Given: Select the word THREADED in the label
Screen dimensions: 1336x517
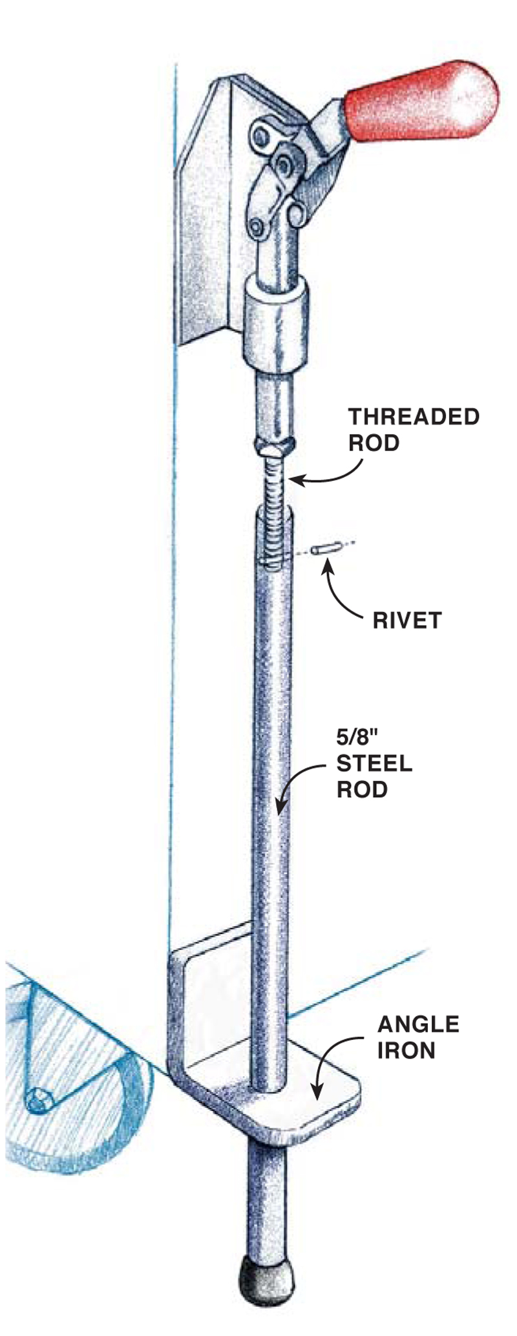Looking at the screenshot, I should point(414,417).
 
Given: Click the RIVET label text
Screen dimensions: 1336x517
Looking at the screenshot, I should point(406,620).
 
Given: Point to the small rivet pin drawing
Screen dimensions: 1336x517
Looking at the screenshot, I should point(321,549).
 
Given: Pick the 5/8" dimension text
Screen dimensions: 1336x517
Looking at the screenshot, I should point(355,737).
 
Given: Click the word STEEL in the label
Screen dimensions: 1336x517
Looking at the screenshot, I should point(374,763).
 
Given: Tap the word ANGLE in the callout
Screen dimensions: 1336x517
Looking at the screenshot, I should point(418,1024).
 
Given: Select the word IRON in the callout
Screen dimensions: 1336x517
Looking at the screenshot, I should point(406,1050).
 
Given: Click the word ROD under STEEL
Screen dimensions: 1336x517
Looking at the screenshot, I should point(361,789).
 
